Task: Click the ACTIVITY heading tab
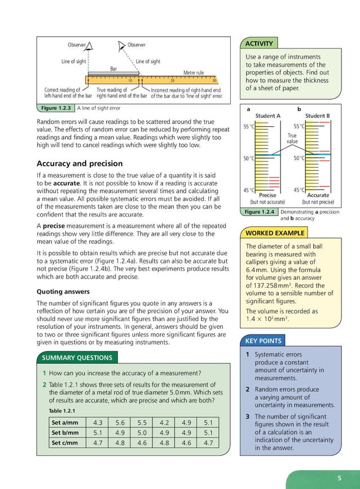coord(259,43)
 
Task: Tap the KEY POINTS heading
coord(263,341)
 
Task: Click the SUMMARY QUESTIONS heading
coord(77,357)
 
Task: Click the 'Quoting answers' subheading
coord(63,292)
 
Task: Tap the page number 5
coord(339,478)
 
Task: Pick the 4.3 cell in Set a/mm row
coord(97,422)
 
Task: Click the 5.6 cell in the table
coord(120,422)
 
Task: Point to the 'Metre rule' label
coord(194,72)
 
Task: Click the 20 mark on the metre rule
coord(173,81)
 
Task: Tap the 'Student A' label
coord(268,116)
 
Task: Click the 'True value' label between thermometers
coord(292,139)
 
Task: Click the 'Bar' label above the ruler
coord(113,68)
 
